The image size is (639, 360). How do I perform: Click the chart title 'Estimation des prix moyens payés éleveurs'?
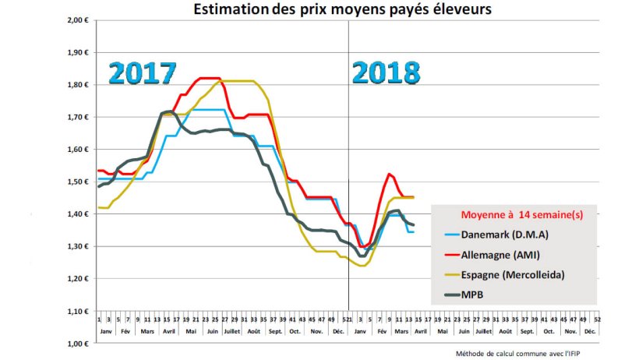[x=342, y=9]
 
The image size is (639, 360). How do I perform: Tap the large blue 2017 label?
[x=143, y=72]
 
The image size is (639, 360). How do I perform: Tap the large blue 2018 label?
[x=386, y=72]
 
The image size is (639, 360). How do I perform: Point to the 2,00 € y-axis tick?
[x=76, y=20]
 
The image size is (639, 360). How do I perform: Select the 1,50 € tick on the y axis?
[x=76, y=182]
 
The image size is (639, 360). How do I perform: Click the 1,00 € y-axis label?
[x=76, y=343]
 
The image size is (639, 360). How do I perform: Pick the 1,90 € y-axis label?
[x=76, y=53]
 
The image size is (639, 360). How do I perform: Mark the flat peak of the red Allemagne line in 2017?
[x=208, y=78]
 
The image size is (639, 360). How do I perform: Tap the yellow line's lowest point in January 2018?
[x=362, y=266]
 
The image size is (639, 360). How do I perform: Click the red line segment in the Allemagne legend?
[x=450, y=254]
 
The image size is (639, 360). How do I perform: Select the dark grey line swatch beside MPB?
[x=450, y=295]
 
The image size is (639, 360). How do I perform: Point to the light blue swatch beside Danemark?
[x=450, y=233]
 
